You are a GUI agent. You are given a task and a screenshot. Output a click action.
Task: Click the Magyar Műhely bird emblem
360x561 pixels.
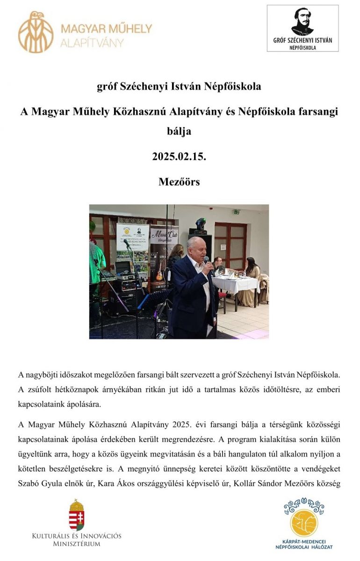36,32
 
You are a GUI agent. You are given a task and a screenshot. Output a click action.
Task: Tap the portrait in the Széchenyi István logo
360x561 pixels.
303,22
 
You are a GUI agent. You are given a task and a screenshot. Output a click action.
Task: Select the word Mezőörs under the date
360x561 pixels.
179,182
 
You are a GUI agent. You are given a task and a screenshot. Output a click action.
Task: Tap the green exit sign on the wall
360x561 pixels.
237,212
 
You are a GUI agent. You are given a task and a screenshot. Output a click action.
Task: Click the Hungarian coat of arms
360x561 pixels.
77,514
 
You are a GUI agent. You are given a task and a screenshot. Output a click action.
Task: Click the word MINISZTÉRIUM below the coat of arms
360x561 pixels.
77,544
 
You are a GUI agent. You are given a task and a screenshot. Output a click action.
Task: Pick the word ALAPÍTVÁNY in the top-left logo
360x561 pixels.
93,43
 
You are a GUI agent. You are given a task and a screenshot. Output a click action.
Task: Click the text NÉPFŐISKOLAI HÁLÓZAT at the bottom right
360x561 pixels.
304,546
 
